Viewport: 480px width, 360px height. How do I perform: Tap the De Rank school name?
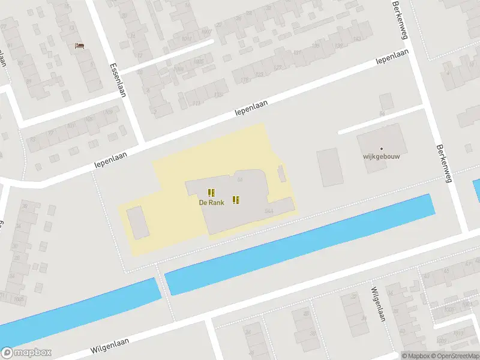pos(212,203)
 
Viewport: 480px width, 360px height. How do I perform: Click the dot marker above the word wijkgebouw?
pos(381,148)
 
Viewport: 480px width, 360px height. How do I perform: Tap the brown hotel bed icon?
pos(79,45)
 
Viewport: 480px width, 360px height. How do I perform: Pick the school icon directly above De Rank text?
pos(211,193)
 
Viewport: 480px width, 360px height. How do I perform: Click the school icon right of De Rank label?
pos(236,200)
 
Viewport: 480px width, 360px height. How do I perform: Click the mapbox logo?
pos(26,353)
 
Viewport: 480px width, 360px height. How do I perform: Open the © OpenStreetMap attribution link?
pos(455,356)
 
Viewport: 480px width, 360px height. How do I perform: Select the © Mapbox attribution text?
pos(415,356)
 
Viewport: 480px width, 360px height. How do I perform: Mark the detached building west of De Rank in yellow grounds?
pos(137,221)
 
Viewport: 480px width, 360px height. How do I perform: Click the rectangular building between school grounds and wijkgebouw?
pos(330,167)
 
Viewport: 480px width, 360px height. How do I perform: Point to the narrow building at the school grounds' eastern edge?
pos(281,175)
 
